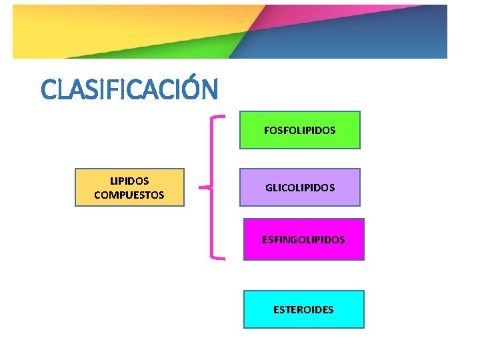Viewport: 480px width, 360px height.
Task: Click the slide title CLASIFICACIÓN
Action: [x=129, y=89]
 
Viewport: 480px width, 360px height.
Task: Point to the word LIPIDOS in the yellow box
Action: [x=129, y=181]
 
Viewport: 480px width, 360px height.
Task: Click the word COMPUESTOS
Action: [x=129, y=195]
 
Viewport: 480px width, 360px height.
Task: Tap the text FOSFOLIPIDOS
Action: [x=300, y=131]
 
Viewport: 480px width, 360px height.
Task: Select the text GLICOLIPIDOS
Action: [x=300, y=188]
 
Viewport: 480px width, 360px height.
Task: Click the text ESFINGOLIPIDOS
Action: [x=303, y=239]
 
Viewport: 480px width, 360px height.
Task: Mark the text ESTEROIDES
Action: [x=303, y=310]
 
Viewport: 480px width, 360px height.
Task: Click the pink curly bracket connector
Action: [x=212, y=187]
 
